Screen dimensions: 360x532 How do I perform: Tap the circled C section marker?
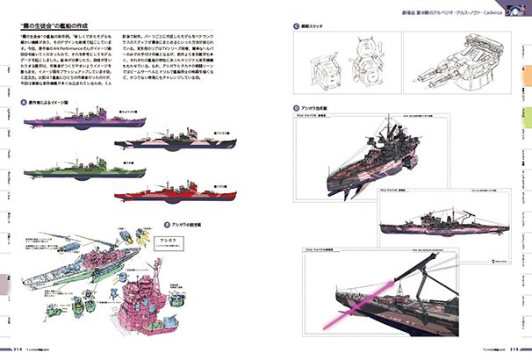click(298, 26)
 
